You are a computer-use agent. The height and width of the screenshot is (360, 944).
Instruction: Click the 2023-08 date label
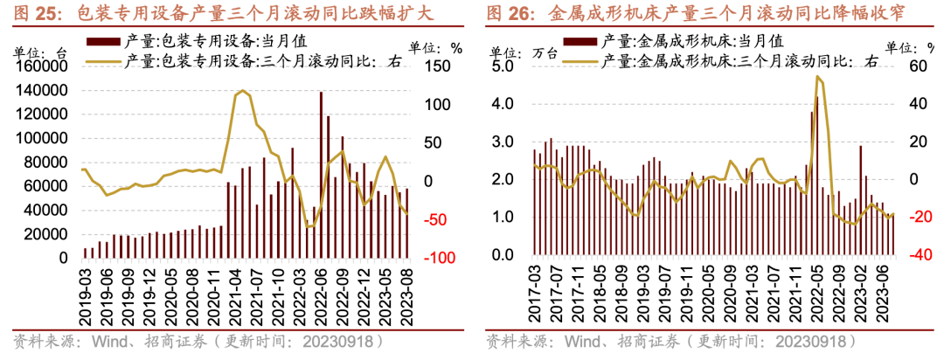(x=406, y=295)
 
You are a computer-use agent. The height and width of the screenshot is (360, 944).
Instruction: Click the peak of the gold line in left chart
(x=242, y=91)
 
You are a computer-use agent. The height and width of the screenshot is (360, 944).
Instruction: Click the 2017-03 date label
(x=535, y=295)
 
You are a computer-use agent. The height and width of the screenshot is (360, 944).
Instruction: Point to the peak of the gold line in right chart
(x=817, y=76)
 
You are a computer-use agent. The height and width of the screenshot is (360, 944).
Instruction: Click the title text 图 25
(x=31, y=13)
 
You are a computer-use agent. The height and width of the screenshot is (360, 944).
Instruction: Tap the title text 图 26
(x=507, y=13)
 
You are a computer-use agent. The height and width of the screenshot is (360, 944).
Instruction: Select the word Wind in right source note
(x=583, y=341)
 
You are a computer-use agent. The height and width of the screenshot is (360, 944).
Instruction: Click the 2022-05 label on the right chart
(x=818, y=295)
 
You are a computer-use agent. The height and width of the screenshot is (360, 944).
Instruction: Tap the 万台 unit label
(x=544, y=52)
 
